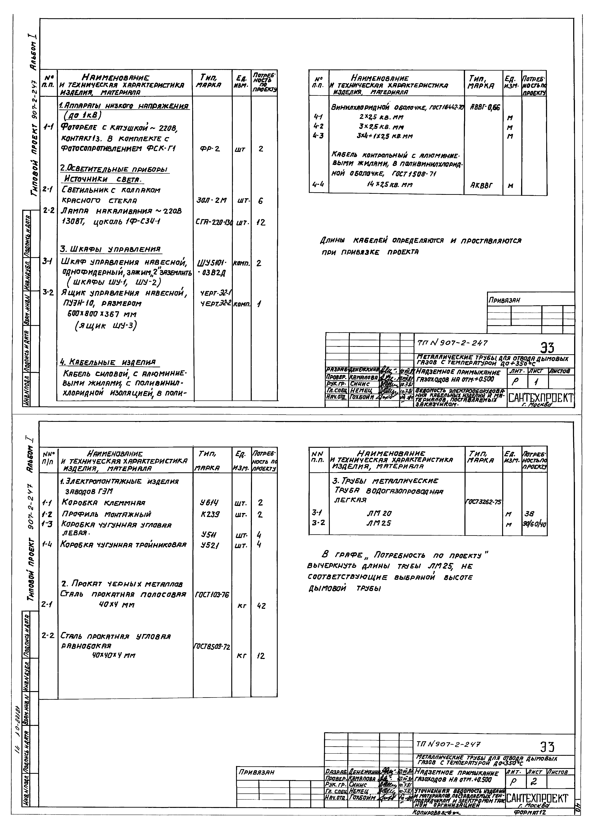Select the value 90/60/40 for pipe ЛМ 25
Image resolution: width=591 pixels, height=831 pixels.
pyautogui.click(x=534, y=524)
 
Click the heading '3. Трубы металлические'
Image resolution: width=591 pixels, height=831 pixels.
pyautogui.click(x=385, y=481)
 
